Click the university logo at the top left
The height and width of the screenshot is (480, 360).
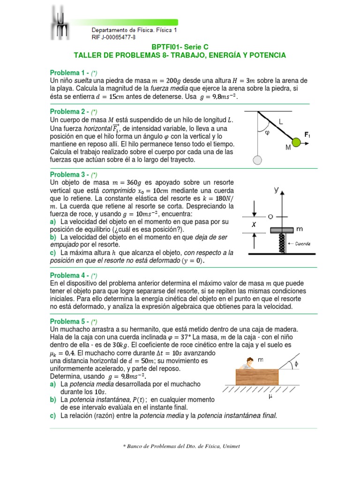[x=60, y=23]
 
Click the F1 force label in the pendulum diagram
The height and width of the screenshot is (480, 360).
[x=307, y=135]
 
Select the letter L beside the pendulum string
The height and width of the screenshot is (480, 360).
[x=281, y=121]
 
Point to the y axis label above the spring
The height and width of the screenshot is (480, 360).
[x=277, y=190]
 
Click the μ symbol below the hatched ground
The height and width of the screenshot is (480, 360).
[x=270, y=397]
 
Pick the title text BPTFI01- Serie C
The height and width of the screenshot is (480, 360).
[x=180, y=47]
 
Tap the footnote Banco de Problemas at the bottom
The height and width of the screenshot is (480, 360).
[x=180, y=446]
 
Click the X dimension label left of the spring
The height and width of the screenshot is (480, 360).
[x=254, y=225]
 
